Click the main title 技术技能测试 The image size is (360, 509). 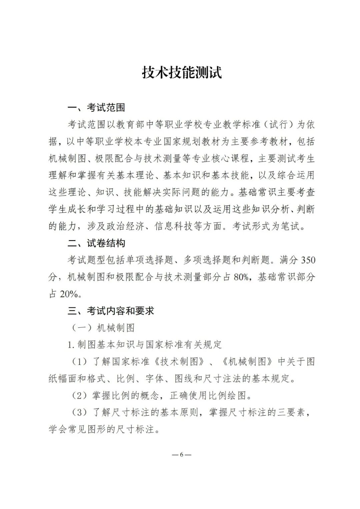[182, 72]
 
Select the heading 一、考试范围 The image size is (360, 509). [96, 107]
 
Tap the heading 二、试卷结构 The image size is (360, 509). [96, 243]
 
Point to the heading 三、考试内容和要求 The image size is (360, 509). [111, 311]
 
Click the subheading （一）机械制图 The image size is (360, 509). [103, 328]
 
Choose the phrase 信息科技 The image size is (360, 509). [174, 226]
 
